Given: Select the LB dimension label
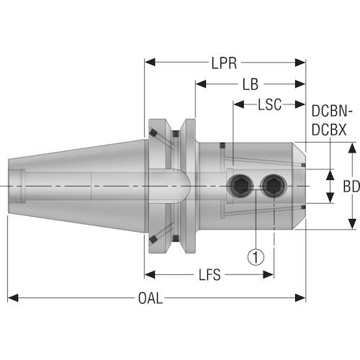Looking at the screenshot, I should (250, 84).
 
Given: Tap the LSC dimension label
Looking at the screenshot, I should (269, 105).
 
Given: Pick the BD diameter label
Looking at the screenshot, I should (350, 186).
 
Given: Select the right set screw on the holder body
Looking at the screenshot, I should (273, 187).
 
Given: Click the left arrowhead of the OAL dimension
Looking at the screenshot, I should (13, 297).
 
